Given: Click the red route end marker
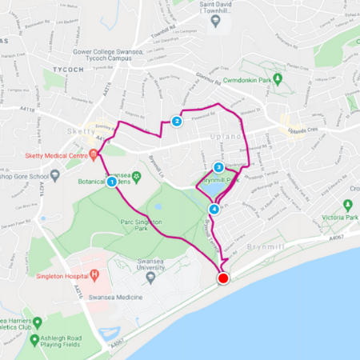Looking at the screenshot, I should [x=223, y=278].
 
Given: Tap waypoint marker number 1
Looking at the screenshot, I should [x=111, y=182].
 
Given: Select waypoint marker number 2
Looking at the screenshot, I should [x=176, y=122].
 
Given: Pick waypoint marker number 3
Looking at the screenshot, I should [x=218, y=167].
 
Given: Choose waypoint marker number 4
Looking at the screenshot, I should [x=214, y=210].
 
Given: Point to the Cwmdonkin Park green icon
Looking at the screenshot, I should [x=278, y=79].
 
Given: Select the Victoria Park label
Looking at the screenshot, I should [x=336, y=217].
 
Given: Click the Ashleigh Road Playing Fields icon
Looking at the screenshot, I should [x=35, y=341].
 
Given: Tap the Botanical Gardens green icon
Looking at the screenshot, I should [x=137, y=176].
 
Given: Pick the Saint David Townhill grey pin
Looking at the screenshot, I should [x=214, y=21].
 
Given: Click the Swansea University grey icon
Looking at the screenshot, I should [x=150, y=278].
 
